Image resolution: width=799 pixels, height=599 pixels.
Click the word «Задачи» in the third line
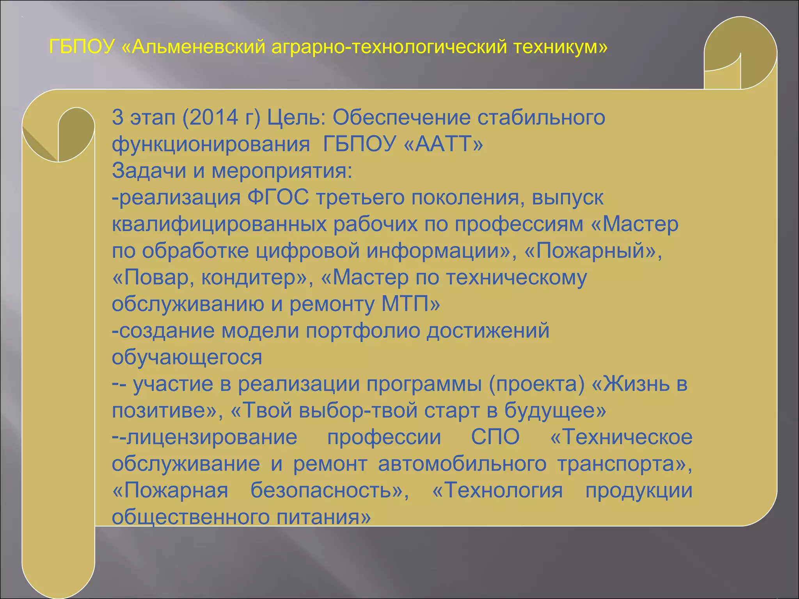coord(149,170)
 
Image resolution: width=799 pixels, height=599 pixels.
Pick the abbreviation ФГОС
coord(278,197)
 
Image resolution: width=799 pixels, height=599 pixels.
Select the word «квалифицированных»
coord(219,224)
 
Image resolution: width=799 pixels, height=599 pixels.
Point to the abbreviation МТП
coord(405,304)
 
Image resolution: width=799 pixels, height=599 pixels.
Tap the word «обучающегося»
coord(187,357)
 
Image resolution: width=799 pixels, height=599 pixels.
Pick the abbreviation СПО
coord(495,437)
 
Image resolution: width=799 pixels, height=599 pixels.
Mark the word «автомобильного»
coord(462,464)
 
